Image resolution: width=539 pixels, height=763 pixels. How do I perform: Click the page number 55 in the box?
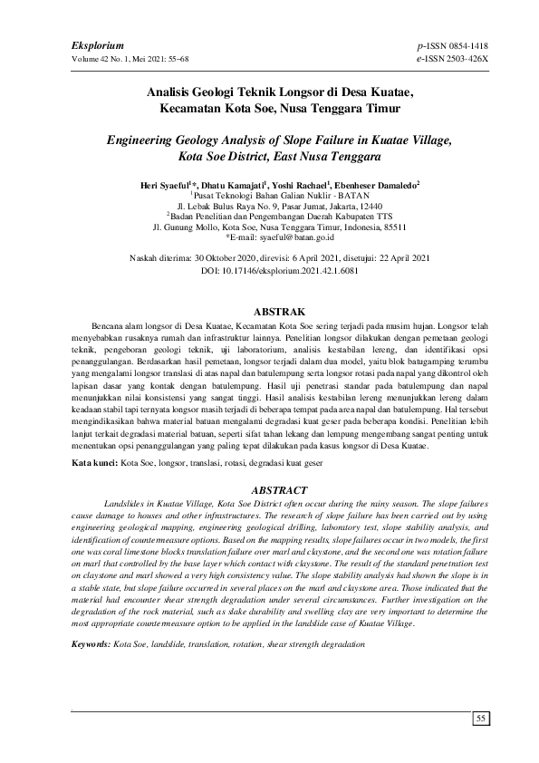[x=482, y=719]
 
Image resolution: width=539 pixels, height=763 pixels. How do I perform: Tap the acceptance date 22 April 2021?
[x=404, y=258]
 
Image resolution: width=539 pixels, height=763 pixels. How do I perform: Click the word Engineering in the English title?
[x=149, y=141]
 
